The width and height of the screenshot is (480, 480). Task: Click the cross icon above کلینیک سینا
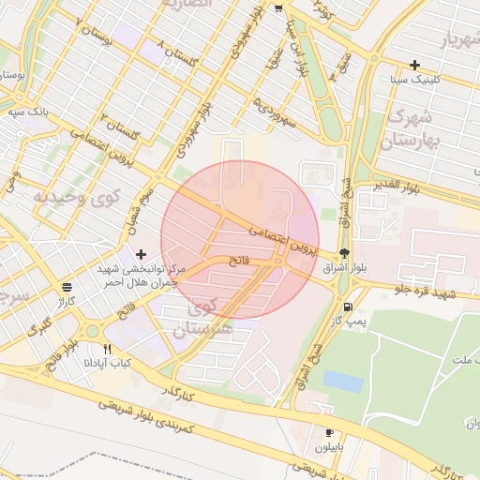[x=414, y=65]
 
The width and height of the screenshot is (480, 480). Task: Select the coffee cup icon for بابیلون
[x=329, y=432]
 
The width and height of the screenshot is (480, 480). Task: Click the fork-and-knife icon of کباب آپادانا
[x=108, y=349]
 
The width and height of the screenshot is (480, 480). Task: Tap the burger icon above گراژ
[x=65, y=288]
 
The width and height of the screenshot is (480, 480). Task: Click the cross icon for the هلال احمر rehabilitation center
[x=141, y=254]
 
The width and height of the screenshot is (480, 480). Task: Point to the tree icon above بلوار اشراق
[x=344, y=253]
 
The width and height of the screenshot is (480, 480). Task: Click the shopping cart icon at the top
[x=279, y=8]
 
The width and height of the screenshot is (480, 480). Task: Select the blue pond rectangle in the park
[x=343, y=382]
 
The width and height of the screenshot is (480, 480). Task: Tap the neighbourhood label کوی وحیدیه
[x=77, y=197]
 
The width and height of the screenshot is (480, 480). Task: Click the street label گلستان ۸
[x=180, y=51]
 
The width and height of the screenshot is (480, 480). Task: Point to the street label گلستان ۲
[x=122, y=130]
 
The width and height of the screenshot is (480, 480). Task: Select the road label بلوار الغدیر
[x=399, y=183]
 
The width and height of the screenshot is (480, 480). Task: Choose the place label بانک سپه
[x=28, y=112]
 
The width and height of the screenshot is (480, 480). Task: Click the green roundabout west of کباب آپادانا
[x=93, y=331]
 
